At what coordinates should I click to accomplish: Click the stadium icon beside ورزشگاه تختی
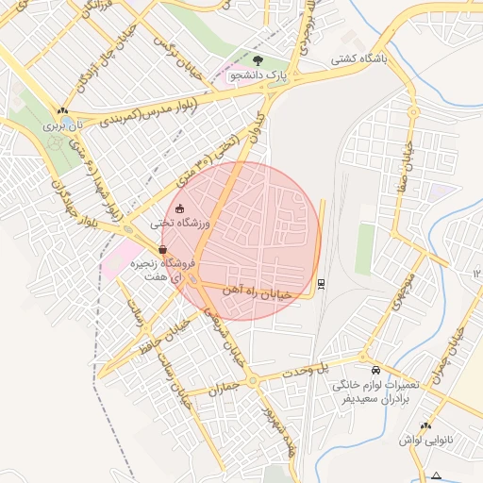pos(181,209)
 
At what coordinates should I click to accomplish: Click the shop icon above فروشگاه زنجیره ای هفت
pos(164,250)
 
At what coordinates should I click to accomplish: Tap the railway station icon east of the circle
pos(323,282)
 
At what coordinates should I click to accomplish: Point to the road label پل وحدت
pos(339,365)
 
